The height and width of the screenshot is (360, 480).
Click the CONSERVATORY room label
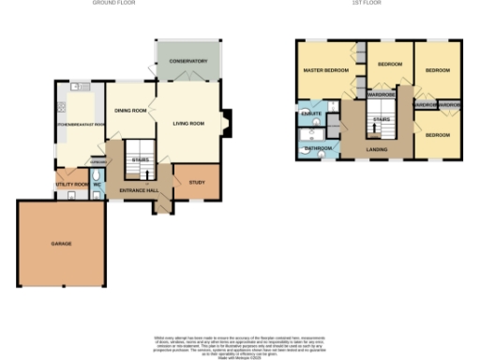tap(187, 61)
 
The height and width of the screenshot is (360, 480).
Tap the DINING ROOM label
tap(130, 111)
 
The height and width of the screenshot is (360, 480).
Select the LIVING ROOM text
tap(189, 123)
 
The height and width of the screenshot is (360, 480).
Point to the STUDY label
tap(196, 182)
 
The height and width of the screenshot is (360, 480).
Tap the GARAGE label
tap(61, 244)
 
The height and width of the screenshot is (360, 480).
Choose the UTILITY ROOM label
tap(72, 185)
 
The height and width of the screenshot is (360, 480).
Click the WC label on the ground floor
tap(97, 185)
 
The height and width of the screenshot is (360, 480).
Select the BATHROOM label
tap(317, 147)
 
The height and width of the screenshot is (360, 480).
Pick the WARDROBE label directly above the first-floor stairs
tap(381, 95)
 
